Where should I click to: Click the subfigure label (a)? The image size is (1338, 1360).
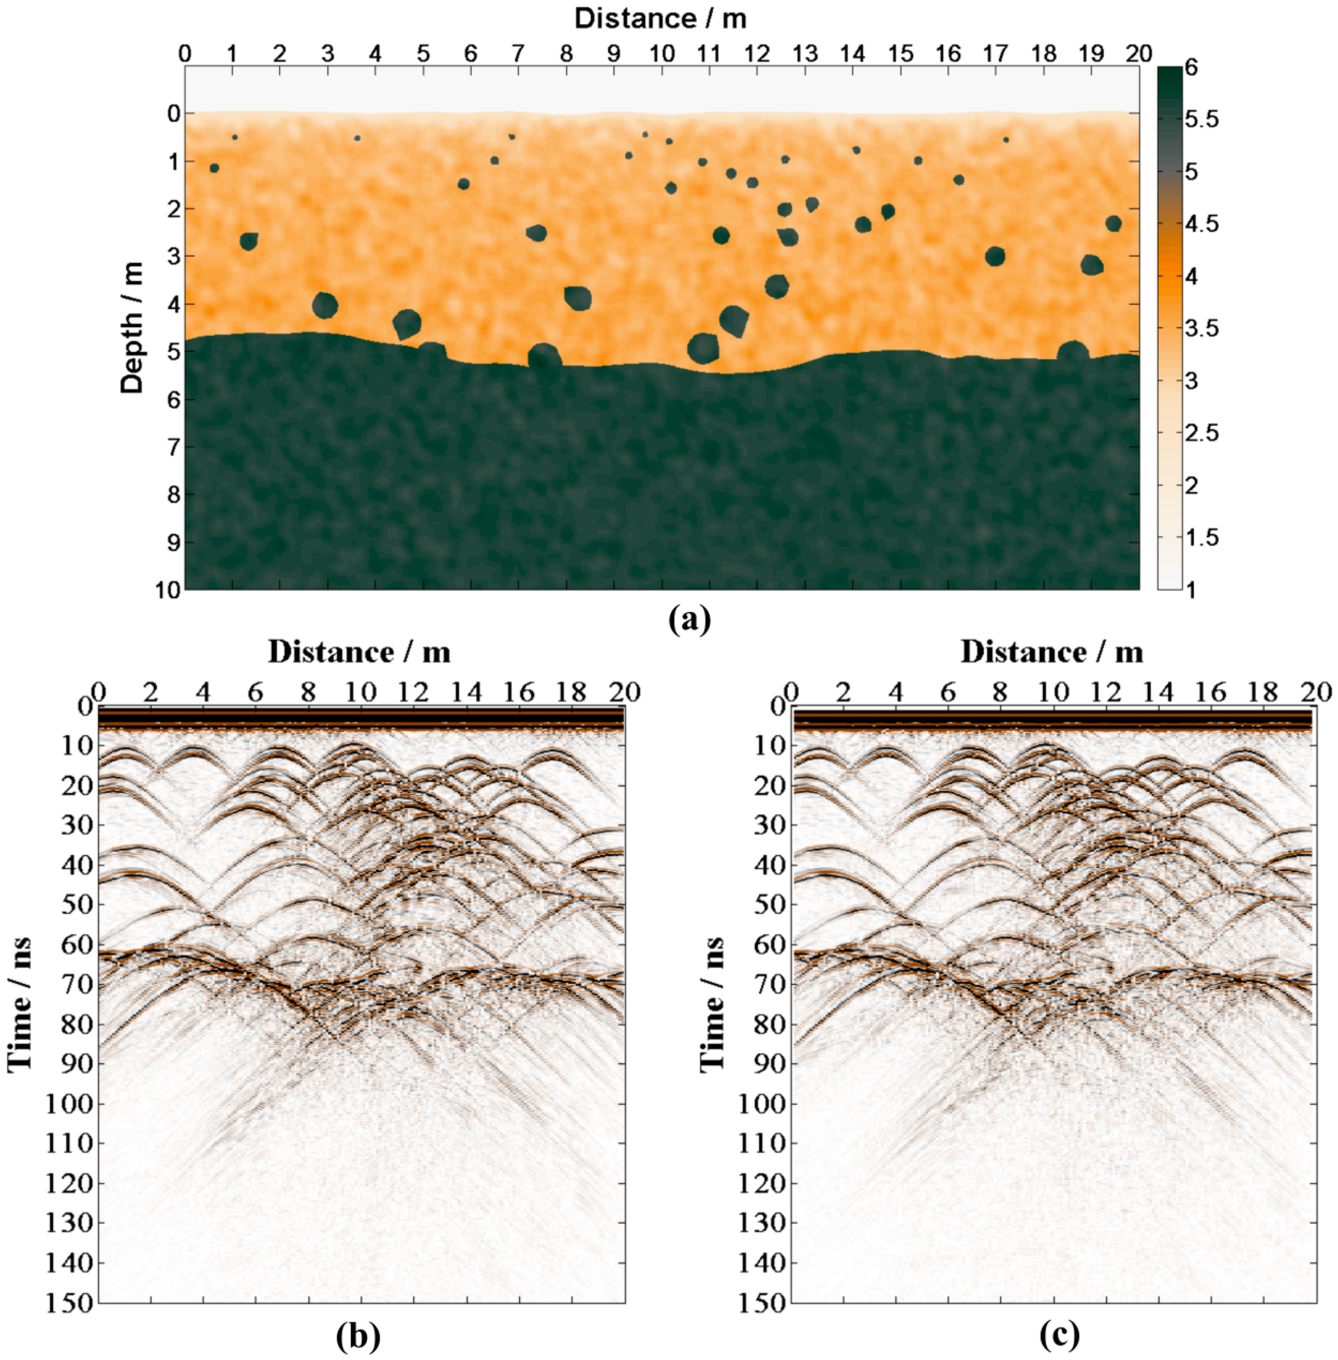coord(690,620)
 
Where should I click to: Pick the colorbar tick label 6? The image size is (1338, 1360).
coord(1191,68)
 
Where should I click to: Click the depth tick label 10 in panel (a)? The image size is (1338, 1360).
coord(169,589)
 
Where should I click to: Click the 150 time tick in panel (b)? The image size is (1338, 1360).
coord(69,1302)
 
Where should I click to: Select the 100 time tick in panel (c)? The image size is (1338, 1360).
coord(761,1104)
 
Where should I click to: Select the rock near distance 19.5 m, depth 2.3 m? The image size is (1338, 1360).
coord(1113,223)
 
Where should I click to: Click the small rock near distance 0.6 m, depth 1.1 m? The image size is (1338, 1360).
coord(214,168)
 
